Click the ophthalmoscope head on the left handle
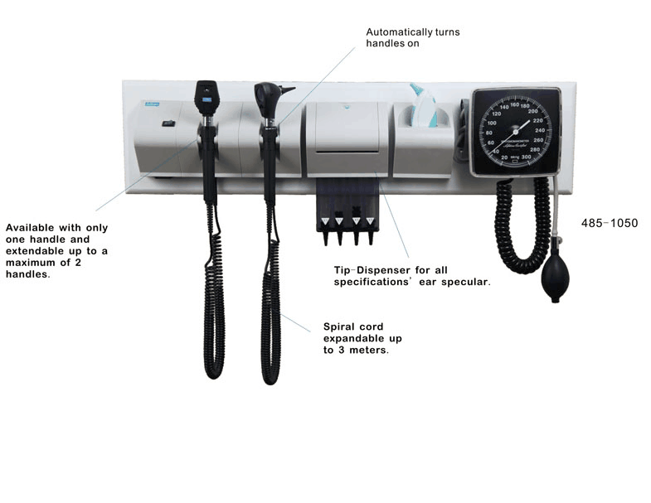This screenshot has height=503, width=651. coord(206,97)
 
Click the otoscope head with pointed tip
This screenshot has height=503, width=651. coord(270,99)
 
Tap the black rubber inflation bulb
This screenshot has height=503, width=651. coord(555,280)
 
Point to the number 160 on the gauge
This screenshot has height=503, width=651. coord(514,104)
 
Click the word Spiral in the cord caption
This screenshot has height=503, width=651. coord(340,326)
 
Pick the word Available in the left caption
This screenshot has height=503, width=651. coord(31,228)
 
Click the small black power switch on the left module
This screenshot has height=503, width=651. coord(168,123)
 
